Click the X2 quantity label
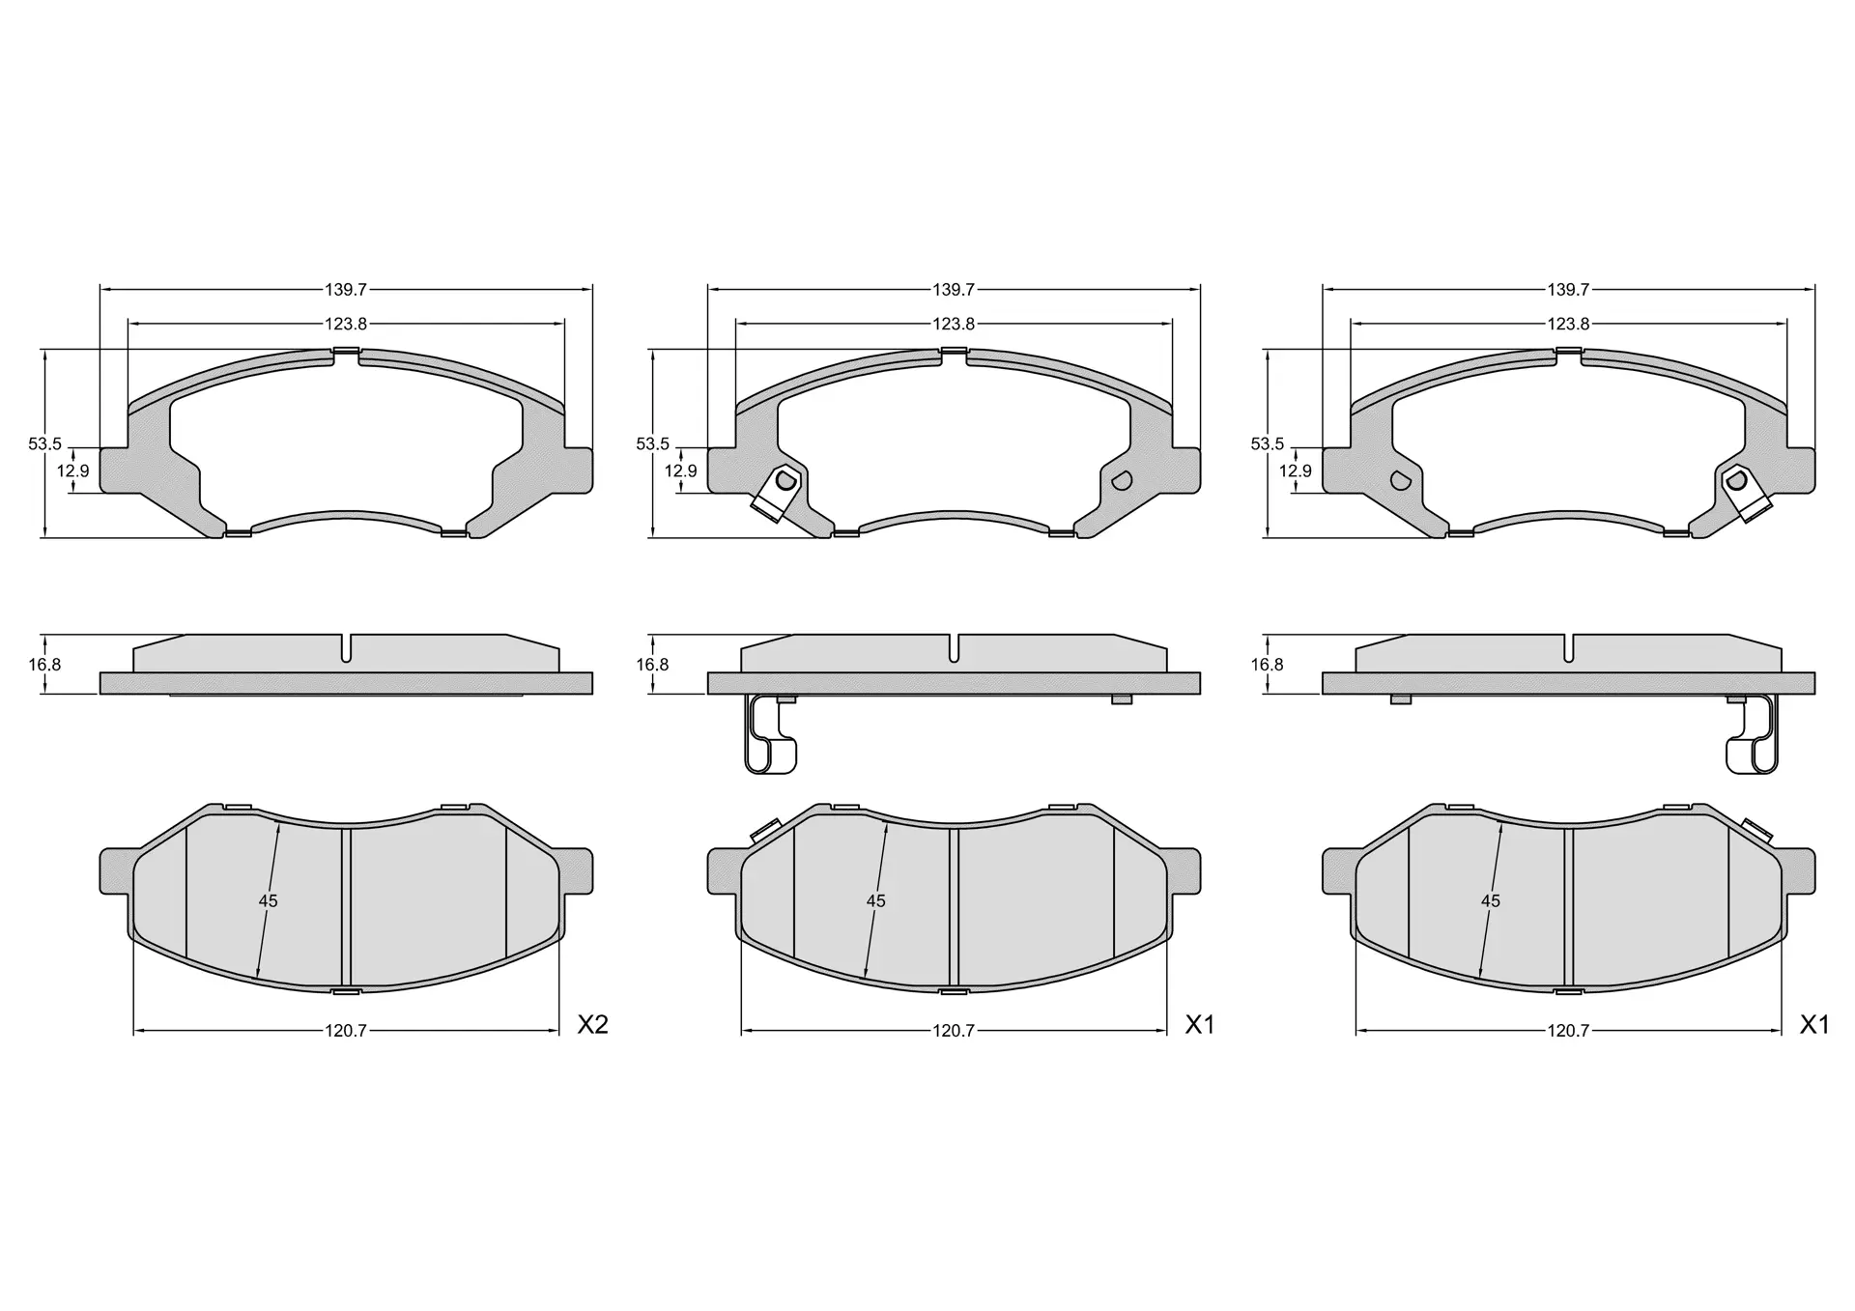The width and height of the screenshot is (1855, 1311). click(592, 1025)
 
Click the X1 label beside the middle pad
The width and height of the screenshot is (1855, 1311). click(1200, 1025)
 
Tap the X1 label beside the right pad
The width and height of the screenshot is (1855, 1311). click(1814, 1025)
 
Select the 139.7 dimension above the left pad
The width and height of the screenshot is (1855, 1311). click(346, 289)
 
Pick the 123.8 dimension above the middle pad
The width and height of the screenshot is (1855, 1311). click(954, 325)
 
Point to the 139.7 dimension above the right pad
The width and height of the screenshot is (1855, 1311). click(1568, 289)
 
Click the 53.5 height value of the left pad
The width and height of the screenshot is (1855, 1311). click(44, 444)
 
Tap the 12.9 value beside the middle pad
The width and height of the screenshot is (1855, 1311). click(680, 471)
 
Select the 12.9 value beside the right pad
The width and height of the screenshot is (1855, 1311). click(1295, 471)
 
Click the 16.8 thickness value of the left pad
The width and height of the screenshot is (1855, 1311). click(44, 665)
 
